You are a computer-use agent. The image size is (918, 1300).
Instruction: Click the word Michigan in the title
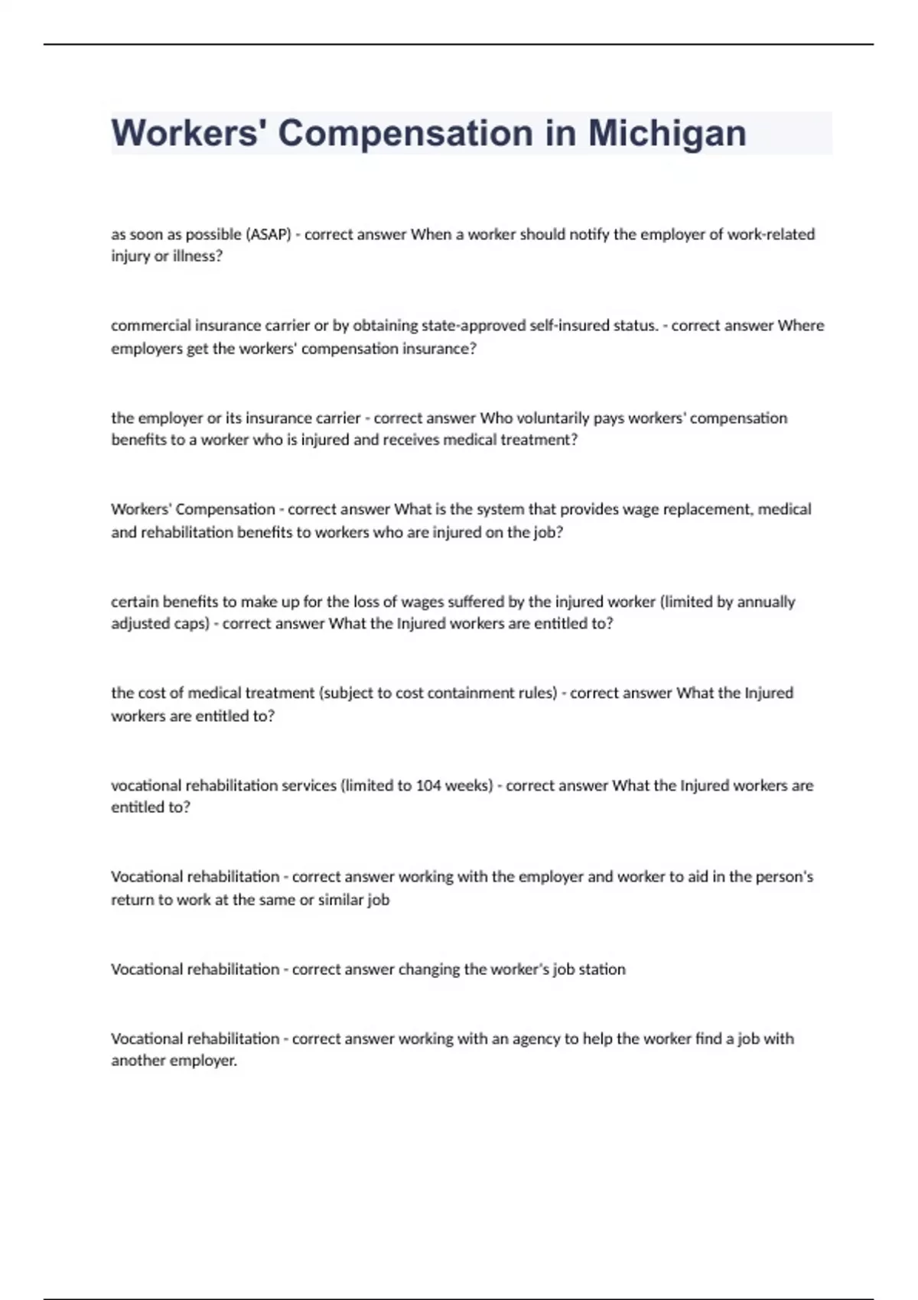pyautogui.click(x=666, y=133)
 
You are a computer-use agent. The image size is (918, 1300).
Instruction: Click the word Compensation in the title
pyautogui.click(x=405, y=133)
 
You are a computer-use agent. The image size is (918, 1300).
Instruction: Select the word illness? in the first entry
pyautogui.click(x=197, y=256)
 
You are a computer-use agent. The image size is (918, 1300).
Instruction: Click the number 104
pyautogui.click(x=428, y=785)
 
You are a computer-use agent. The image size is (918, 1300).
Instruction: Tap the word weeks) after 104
pyautogui.click(x=469, y=785)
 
